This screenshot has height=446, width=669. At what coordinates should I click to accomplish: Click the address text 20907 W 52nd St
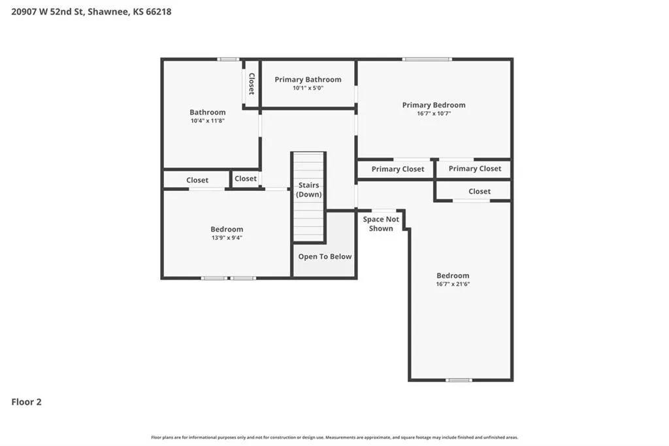point(47,12)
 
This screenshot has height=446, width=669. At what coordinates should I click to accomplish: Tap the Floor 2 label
point(26,402)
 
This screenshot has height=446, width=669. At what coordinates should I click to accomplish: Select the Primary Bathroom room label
point(308,80)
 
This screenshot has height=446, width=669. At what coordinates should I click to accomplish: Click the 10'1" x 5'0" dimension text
point(308,88)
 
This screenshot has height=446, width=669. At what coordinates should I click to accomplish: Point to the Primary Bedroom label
point(434,105)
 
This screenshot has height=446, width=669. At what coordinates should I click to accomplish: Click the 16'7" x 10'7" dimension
point(434,114)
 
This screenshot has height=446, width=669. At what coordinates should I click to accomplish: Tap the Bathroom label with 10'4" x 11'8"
point(207,112)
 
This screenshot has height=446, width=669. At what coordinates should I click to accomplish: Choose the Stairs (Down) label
point(308,190)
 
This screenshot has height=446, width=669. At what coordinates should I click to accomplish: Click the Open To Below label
point(325,257)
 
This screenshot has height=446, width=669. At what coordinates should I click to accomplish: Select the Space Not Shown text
point(381,224)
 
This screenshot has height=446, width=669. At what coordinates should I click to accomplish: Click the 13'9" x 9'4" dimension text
point(227,238)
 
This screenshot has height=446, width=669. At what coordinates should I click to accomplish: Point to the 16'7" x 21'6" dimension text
point(453,284)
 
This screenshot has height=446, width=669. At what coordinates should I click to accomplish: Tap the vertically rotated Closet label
point(252,84)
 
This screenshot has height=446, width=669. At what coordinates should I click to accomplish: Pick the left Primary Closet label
point(398,169)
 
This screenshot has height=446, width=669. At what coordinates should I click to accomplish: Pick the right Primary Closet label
point(475,169)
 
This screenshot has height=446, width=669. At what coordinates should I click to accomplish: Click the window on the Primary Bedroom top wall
point(427,60)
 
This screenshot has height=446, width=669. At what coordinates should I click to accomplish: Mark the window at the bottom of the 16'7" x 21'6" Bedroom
point(459,380)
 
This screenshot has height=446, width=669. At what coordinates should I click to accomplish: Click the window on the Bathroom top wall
point(228,60)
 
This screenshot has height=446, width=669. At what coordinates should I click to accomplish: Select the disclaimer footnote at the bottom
point(334,437)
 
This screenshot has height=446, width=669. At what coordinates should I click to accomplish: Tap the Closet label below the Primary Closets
point(479,192)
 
